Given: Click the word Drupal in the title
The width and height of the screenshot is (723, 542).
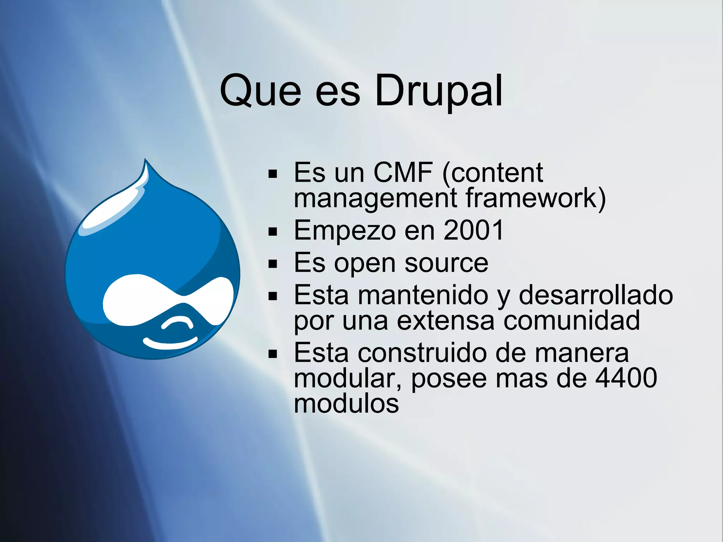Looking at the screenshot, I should click(438, 91).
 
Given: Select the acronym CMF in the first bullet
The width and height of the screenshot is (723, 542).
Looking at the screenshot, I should click(403, 173).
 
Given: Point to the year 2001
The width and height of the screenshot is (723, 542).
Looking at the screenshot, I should click(473, 230).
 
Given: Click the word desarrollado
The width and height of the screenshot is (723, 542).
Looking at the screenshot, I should click(596, 295).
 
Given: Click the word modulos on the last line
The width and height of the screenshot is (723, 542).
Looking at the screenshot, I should click(346, 404).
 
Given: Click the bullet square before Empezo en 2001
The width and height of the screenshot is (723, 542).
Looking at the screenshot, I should click(273, 232).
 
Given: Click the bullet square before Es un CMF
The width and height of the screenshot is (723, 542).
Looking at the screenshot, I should click(273, 174).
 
